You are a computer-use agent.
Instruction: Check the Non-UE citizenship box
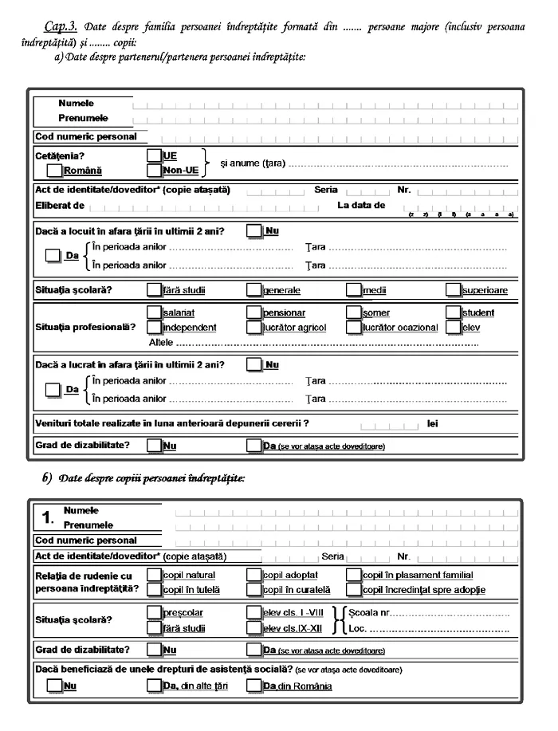pyautogui.click(x=155, y=170)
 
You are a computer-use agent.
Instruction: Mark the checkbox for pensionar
pyautogui.click(x=254, y=312)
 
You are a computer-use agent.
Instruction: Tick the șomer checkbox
pyautogui.click(x=354, y=312)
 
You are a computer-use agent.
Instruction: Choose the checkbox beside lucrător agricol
pyautogui.click(x=254, y=327)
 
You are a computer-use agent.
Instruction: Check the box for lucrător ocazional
pyautogui.click(x=354, y=327)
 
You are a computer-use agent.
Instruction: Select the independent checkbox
pyautogui.click(x=155, y=327)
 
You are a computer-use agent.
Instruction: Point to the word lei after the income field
pyautogui.click(x=433, y=423)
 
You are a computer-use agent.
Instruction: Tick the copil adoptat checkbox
pyautogui.click(x=254, y=575)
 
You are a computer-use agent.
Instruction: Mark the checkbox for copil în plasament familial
pyautogui.click(x=354, y=575)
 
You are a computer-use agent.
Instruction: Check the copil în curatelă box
pyautogui.click(x=254, y=590)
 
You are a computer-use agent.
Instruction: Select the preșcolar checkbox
pyautogui.click(x=155, y=613)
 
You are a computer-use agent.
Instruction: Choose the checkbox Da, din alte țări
pyautogui.click(x=155, y=686)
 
